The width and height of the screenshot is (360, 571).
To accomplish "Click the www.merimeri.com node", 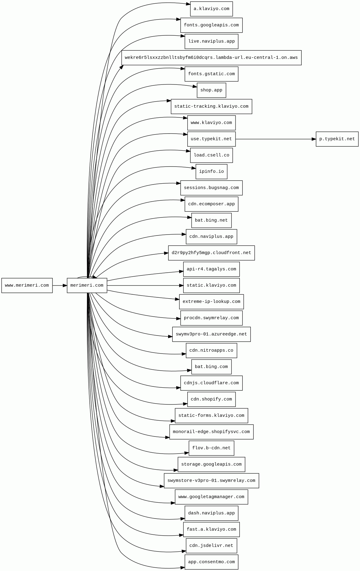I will (27, 285).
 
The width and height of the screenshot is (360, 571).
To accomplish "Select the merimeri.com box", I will (87, 285).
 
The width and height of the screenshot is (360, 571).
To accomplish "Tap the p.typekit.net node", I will (337, 139).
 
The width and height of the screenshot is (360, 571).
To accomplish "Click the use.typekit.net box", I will (211, 139).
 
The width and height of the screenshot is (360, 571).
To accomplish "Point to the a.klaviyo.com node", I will (211, 9).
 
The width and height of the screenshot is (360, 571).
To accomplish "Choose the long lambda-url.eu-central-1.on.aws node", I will (211, 58).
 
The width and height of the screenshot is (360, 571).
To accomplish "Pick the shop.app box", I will (211, 90).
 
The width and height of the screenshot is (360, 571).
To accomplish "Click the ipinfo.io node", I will (211, 171).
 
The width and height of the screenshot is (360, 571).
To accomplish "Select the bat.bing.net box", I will (211, 220).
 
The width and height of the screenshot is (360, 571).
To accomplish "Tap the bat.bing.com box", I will (211, 367).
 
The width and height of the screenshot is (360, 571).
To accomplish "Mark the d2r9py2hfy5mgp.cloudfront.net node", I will (211, 253).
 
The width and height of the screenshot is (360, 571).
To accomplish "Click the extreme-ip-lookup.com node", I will (211, 302).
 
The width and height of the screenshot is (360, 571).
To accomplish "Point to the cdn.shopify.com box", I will (211, 399).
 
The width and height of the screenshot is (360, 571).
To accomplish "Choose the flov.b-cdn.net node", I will (211, 448).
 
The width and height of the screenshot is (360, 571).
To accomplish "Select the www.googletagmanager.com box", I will (211, 497).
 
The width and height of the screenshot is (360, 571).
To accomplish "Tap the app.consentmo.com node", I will (211, 562).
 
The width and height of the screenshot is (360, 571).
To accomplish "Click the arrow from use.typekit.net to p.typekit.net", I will (275, 139).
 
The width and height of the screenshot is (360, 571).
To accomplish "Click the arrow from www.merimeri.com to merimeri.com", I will (59, 285).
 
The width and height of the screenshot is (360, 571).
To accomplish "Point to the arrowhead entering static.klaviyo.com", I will (181, 285).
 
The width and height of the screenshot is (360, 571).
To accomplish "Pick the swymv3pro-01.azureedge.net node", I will (211, 334).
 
